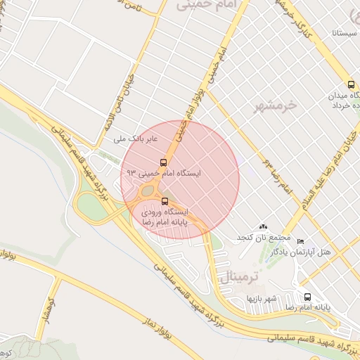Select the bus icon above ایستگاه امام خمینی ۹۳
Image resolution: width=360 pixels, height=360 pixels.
pyautogui.click(x=164, y=162)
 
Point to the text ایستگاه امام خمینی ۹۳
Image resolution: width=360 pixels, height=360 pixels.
pyautogui.click(x=161, y=172)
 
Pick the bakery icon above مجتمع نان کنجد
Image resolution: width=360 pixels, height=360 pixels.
pyautogui.click(x=263, y=226)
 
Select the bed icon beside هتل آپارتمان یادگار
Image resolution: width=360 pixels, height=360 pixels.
pyautogui.click(x=301, y=241)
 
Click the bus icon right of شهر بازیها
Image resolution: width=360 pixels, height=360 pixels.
pyautogui.click(x=307, y=297)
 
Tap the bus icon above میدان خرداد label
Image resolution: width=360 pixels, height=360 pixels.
pyautogui.click(x=351, y=84)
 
